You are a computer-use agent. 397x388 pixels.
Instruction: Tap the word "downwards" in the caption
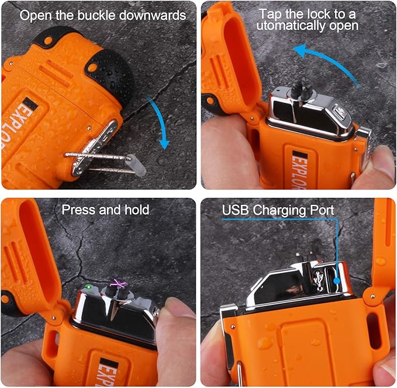(x=153, y=15)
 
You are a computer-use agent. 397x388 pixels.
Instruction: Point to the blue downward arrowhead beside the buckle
(x=164, y=145)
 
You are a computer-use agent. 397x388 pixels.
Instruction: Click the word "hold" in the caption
(x=137, y=210)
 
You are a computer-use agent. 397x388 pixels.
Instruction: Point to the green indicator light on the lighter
(x=89, y=287)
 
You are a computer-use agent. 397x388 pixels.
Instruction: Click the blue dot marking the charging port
(x=337, y=281)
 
